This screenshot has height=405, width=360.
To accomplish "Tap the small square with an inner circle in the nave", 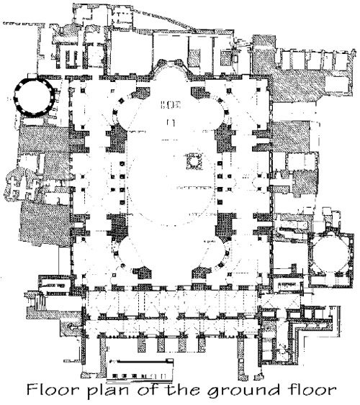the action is pyautogui.click(x=193, y=161).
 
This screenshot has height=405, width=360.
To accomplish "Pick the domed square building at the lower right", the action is pyautogui.click(x=330, y=258).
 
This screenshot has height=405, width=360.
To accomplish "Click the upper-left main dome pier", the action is pyautogui.click(x=117, y=140).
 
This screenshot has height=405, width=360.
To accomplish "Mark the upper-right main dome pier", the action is pyautogui.click(x=225, y=140).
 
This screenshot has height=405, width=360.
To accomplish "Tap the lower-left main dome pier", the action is pyautogui.click(x=117, y=224).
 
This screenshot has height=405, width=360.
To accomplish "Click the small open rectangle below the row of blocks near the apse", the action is pyautogui.click(x=171, y=122).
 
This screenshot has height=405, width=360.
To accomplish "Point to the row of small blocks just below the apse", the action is pyautogui.click(x=171, y=104).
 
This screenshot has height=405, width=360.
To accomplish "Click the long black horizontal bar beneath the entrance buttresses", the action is pyautogui.click(x=141, y=362).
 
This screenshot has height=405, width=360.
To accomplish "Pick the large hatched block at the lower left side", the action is pyautogui.click(x=45, y=224).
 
